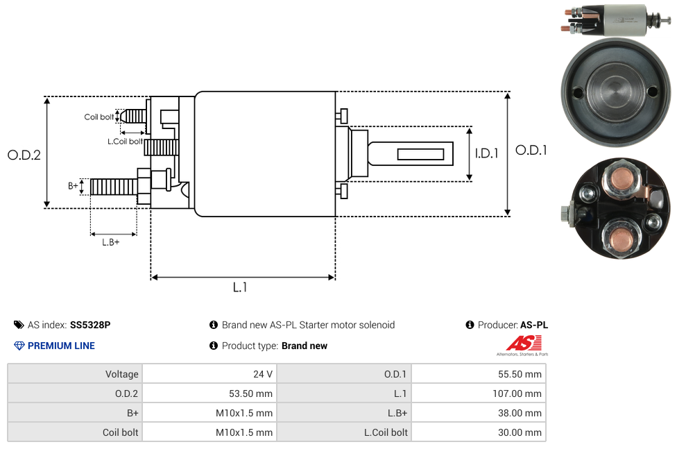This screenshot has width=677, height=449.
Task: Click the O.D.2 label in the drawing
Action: point(24,155)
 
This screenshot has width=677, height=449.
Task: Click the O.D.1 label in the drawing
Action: point(531,150)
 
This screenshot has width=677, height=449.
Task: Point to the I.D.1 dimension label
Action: point(486,154)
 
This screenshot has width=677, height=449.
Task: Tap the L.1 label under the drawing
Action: point(240,287)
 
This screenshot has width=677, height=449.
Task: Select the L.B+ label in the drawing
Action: point(111,242)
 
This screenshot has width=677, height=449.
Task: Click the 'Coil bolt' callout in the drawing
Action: point(99,117)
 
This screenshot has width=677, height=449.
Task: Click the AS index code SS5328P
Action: point(90,325)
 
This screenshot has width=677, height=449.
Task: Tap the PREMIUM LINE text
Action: point(61,346)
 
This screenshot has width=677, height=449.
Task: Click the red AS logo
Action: point(524,343)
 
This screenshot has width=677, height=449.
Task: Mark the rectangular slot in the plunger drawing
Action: point(420,153)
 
